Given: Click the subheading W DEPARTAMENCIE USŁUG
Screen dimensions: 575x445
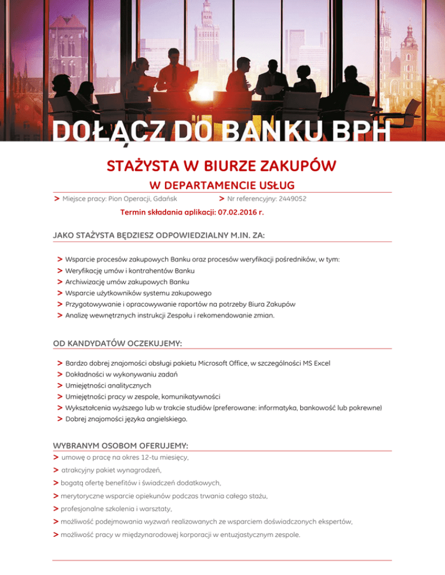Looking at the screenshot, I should pyautogui.click(x=222, y=185).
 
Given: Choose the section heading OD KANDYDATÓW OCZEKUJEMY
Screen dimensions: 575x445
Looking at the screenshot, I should pyautogui.click(x=117, y=343).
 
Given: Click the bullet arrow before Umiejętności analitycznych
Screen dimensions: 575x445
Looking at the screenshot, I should pyautogui.click(x=60, y=385).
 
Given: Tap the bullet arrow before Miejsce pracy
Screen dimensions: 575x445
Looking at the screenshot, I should pyautogui.click(x=56, y=198).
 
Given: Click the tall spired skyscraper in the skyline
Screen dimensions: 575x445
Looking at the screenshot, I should pyautogui.click(x=205, y=35).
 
